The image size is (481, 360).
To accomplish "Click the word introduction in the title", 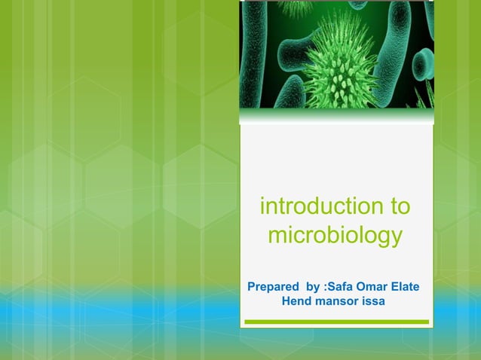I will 319,206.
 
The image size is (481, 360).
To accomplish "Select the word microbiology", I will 335,236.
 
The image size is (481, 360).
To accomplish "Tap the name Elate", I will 406,287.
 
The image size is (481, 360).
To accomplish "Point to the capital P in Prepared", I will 251,287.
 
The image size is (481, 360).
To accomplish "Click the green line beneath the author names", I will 336,322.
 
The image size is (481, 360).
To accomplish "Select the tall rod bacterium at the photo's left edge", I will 253,53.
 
